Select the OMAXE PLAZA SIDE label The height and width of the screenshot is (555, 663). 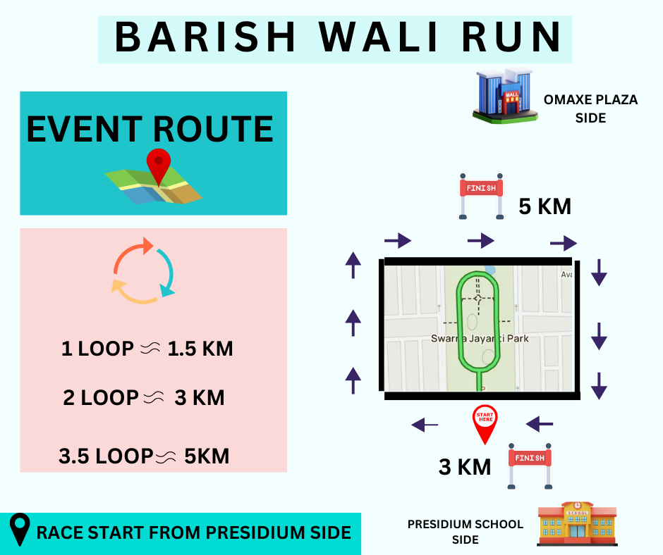click(x=590, y=108)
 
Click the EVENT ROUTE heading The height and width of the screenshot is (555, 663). click(x=150, y=129)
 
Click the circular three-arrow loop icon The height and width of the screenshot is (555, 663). click(x=143, y=270)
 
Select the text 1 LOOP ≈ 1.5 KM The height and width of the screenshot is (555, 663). click(x=147, y=349)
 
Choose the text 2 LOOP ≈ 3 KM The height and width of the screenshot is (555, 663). click(x=144, y=398)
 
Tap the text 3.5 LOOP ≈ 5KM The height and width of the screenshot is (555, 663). click(x=144, y=456)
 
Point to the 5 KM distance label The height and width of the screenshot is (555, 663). click(x=545, y=207)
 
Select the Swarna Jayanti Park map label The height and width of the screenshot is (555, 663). click(x=480, y=339)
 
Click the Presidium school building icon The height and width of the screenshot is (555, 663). click(x=577, y=524)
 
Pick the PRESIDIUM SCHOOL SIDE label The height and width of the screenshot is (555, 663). click(x=466, y=532)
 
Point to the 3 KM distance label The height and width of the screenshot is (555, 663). click(x=465, y=466)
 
